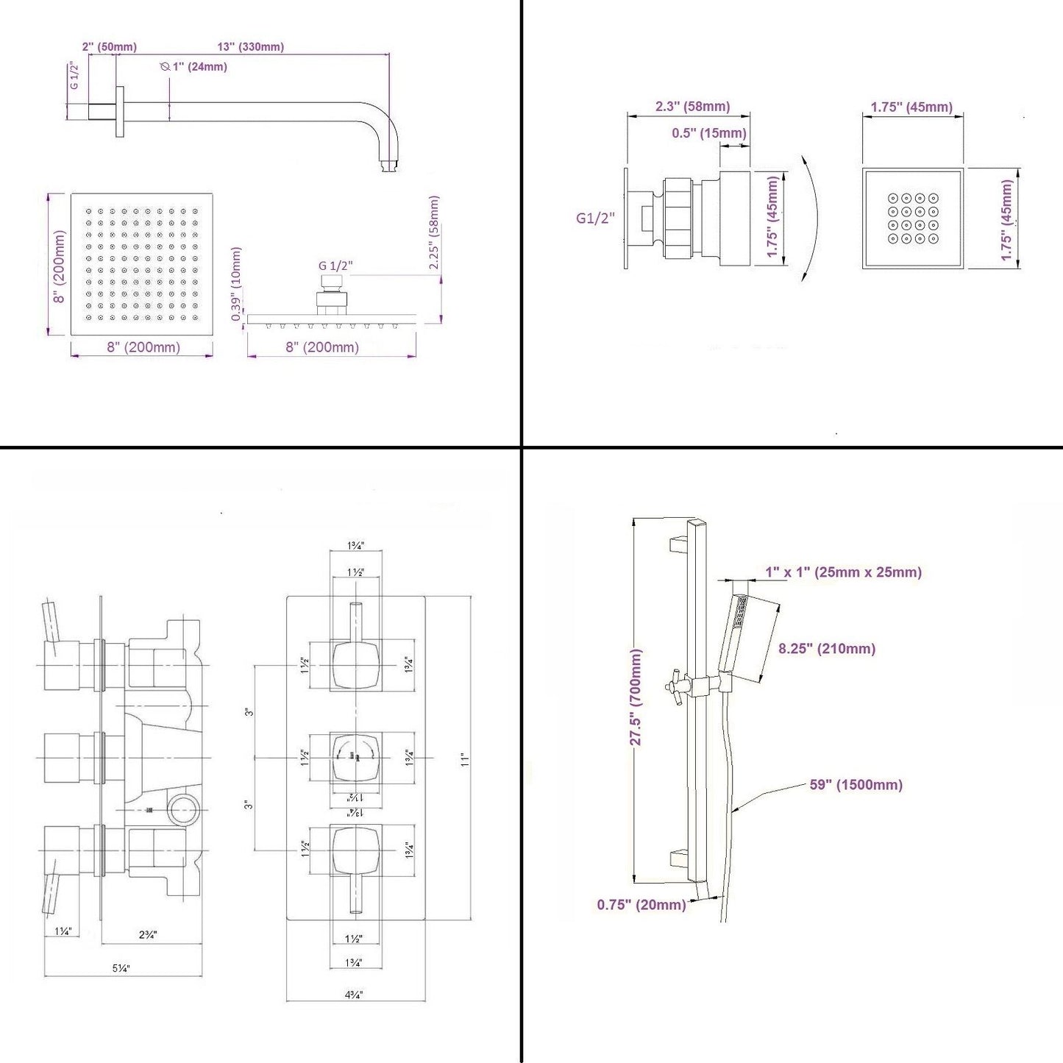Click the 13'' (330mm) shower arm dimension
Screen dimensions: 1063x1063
[x=250, y=47]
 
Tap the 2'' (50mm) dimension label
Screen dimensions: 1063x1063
[x=109, y=47]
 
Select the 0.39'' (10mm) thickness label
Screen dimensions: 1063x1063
[x=236, y=284]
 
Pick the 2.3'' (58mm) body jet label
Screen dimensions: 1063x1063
[x=692, y=107]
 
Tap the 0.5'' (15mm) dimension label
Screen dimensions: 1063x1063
[x=708, y=133]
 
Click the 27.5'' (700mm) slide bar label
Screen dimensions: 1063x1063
[x=636, y=697]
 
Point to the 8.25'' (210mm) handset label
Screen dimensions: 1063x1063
[x=827, y=649]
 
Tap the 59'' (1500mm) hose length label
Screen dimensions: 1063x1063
[x=856, y=785]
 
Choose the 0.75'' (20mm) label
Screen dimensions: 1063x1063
[x=641, y=905]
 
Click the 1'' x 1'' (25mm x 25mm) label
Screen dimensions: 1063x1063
[x=843, y=572]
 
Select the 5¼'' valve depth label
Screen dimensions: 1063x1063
[x=121, y=968]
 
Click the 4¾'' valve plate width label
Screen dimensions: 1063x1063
[x=354, y=995]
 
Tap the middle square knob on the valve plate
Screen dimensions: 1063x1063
[x=356, y=757]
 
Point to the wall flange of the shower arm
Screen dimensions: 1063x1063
[x=119, y=111]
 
